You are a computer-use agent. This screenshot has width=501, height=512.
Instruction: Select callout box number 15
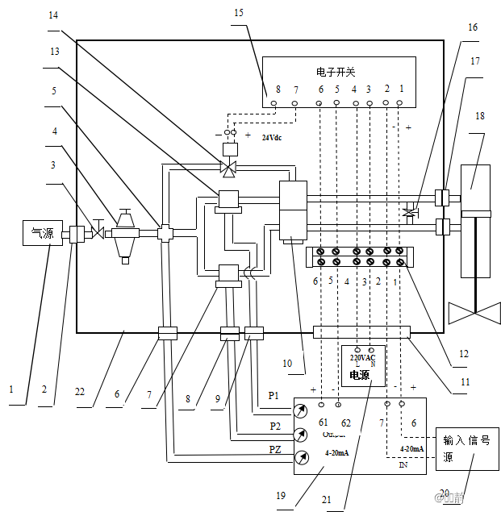coord(238,13)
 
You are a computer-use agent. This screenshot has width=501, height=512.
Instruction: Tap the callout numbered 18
coord(481,116)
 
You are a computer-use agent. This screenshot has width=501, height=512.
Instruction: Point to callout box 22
coord(79,391)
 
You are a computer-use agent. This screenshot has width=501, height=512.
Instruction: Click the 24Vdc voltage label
coord(272,137)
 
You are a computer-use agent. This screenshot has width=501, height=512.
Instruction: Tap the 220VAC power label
coord(362,357)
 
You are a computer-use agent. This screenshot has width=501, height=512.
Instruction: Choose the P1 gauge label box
coord(274,396)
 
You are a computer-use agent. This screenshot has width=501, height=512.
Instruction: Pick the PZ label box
coord(274,450)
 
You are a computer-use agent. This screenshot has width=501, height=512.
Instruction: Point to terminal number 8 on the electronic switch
coord(278,89)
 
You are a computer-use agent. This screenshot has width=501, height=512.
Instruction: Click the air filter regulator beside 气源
coord(124,235)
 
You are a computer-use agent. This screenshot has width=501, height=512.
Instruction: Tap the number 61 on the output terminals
coord(323,422)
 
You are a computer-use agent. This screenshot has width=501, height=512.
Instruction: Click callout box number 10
coord(287,363)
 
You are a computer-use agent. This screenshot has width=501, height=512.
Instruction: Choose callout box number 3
coord(53,165)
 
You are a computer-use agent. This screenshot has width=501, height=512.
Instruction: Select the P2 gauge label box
coord(275,426)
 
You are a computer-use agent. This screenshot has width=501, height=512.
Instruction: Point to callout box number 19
coord(280,495)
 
